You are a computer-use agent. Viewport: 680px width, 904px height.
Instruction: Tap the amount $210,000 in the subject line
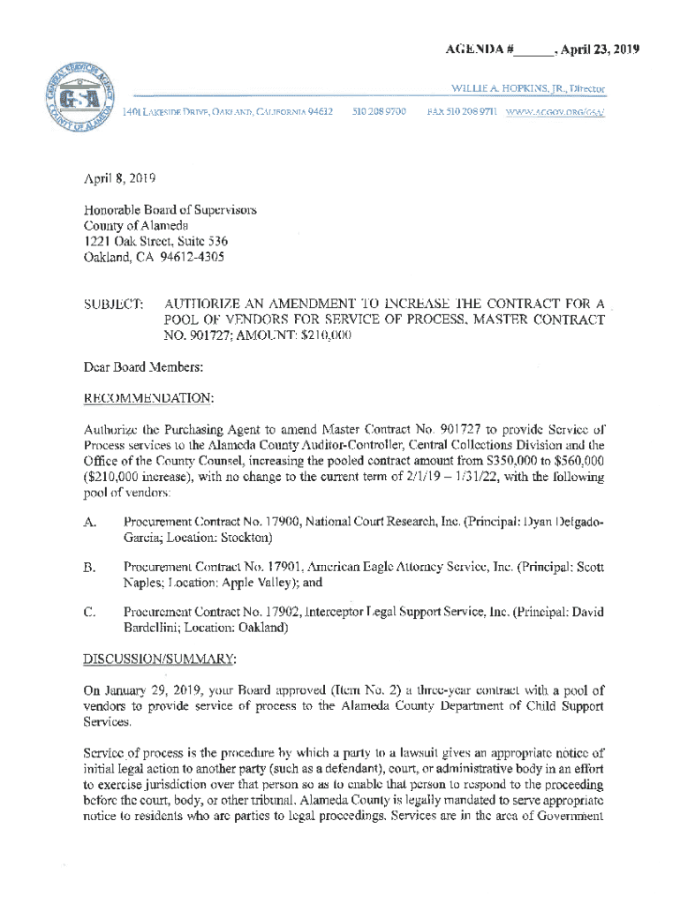[x=321, y=336]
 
